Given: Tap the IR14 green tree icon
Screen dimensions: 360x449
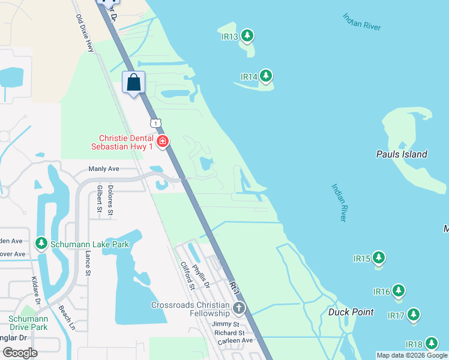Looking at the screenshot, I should pos(265,76).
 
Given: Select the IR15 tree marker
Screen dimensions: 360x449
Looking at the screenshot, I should pos(378,258).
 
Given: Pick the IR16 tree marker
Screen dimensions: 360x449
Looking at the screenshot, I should pos(398,291).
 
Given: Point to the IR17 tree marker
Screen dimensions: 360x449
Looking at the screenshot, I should pos(413,315).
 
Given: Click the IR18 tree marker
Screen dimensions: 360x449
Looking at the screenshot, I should pos(431,344).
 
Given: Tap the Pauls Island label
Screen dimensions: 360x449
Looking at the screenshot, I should pos(402,154).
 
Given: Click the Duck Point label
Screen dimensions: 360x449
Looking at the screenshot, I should pos(351,312).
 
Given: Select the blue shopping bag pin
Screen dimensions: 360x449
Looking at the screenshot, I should pos(134,83).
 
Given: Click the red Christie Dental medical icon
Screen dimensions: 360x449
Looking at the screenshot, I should pos(162,142).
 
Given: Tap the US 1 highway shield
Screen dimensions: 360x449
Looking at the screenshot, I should pos(156,123).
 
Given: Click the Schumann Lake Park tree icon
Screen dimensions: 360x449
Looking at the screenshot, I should pos(41,244).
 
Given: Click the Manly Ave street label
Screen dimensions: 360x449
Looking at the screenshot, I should pos(104,169).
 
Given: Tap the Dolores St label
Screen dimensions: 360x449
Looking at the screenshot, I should pos(111,200).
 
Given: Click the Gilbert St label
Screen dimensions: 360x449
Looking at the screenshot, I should pos(99,199).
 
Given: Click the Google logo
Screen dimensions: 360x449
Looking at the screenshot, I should pos(20,353).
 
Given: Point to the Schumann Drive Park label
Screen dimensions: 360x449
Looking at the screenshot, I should pos(28,323).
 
